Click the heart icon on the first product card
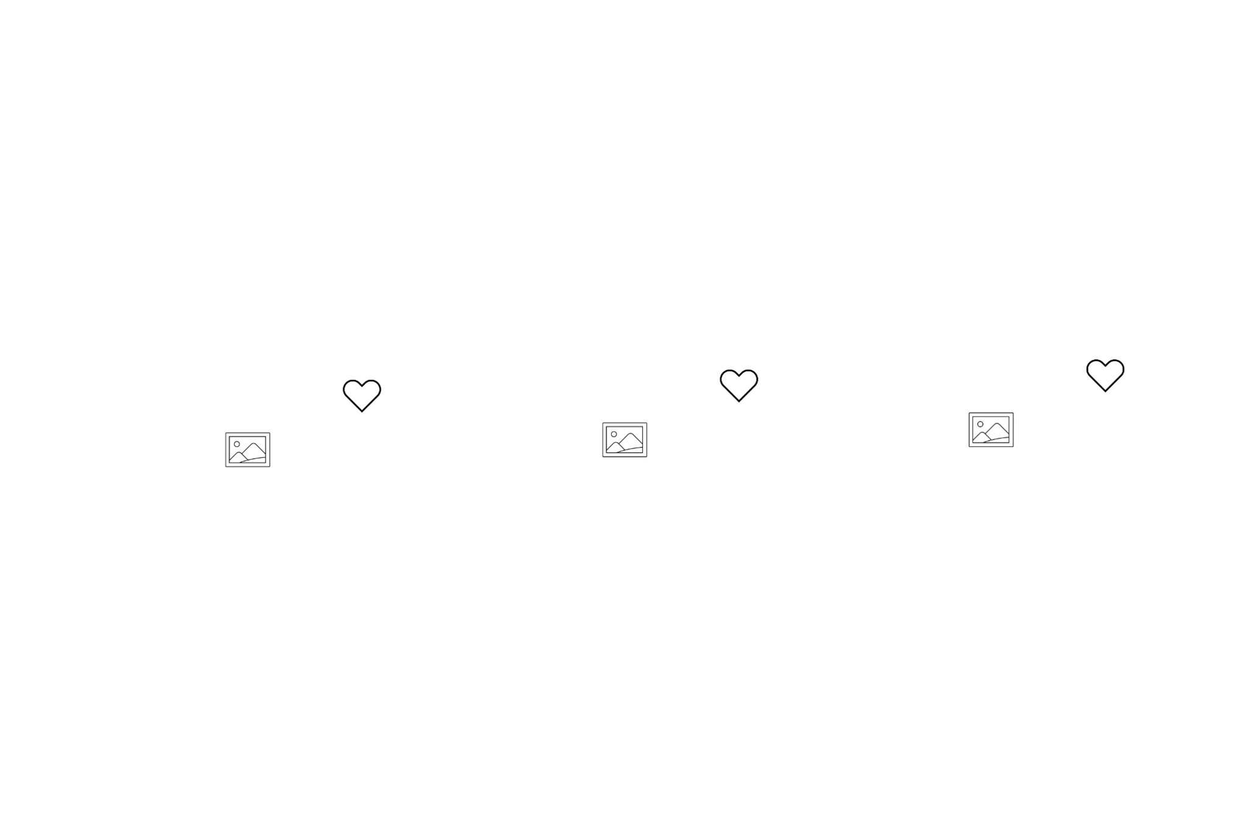pyautogui.click(x=362, y=395)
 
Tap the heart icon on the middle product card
pyautogui.click(x=738, y=384)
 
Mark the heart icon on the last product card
pyautogui.click(x=1105, y=374)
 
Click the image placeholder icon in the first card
pyautogui.click(x=247, y=449)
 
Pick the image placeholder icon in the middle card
pyautogui.click(x=625, y=439)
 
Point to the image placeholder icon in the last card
pyautogui.click(x=991, y=429)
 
